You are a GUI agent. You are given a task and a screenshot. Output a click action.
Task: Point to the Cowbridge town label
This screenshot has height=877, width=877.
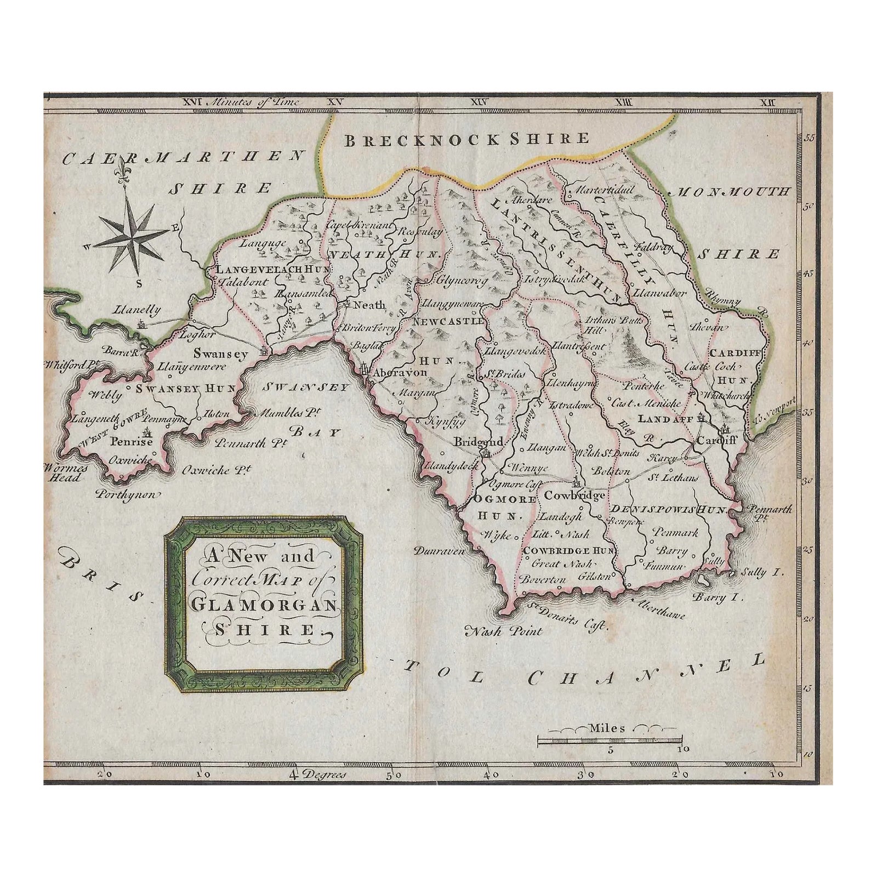[574, 495]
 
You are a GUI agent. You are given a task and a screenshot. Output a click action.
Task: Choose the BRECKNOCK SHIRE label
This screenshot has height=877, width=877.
[466, 139]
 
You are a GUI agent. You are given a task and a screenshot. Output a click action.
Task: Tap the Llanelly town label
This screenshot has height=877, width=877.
[138, 310]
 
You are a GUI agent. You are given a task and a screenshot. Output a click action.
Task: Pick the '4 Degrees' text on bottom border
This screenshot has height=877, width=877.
[318, 775]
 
